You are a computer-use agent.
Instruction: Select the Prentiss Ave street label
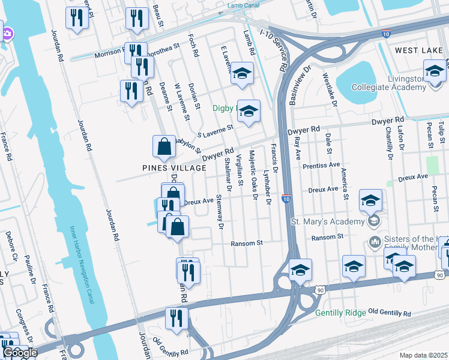pos(321,164)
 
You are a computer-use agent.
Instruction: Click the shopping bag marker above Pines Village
pos(164,146)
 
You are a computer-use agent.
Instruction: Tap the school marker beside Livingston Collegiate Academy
pos(435,71)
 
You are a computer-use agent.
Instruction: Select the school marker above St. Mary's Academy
pos(371,201)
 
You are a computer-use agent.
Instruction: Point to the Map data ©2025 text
pos(423,355)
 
